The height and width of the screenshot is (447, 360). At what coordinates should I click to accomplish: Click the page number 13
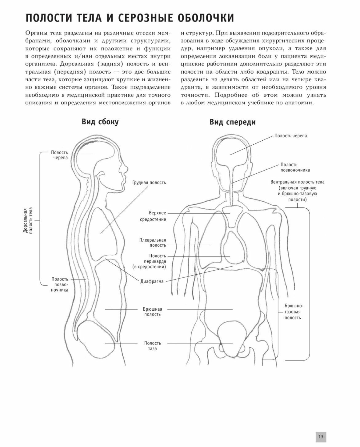(321, 437)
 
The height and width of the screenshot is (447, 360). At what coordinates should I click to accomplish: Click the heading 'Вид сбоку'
(100, 122)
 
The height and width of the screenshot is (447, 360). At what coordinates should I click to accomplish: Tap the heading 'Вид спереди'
(232, 122)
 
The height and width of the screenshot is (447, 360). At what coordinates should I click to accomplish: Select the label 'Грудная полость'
(149, 183)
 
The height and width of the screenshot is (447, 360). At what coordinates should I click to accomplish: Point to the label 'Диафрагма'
(152, 281)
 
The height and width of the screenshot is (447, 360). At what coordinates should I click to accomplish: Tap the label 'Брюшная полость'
(152, 312)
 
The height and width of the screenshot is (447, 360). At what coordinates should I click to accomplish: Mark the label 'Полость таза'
(152, 346)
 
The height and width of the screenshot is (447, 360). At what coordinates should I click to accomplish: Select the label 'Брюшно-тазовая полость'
(292, 312)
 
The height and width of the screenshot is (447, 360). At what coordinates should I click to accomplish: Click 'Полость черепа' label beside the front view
(290, 136)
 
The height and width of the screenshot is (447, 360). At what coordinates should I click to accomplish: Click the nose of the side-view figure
(126, 168)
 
